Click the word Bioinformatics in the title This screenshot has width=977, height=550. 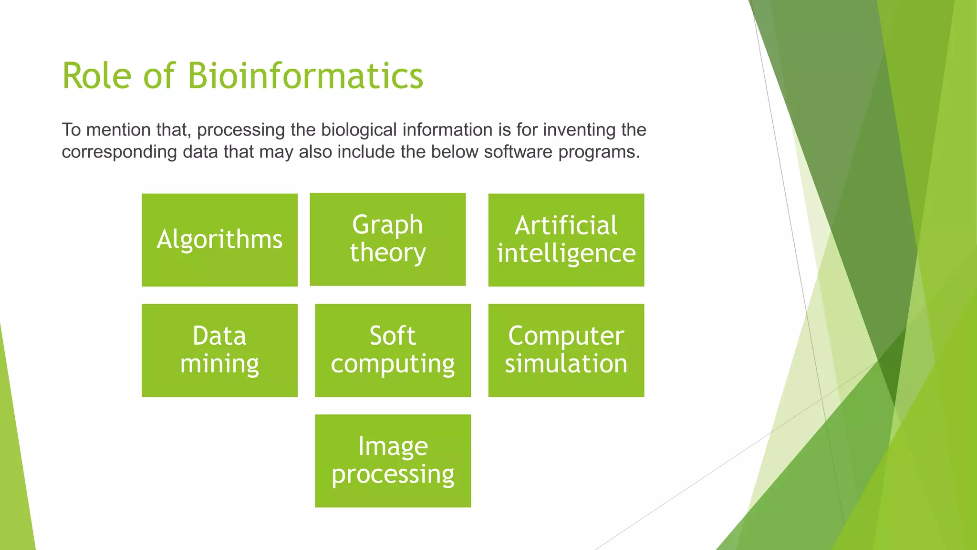coord(305,76)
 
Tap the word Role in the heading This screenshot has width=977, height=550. coord(96,76)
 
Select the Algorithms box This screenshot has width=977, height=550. coord(219,240)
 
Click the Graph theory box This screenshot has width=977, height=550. coord(387,239)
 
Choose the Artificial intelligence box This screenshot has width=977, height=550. coord(566,240)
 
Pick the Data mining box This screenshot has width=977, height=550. coord(219,350)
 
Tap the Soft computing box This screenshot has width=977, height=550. coord(393,350)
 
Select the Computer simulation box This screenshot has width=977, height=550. coord(566,350)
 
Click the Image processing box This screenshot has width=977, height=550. coord(393,461)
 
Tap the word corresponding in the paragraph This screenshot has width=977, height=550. coord(119,152)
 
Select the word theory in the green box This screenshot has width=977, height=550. coord(387,253)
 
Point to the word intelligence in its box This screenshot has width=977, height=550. coord(566,254)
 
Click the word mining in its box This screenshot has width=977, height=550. coord(219,364)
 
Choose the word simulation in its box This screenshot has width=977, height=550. coord(566,364)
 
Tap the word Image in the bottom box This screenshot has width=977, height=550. coord(393,446)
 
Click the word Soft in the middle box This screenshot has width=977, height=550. coord(393,336)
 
